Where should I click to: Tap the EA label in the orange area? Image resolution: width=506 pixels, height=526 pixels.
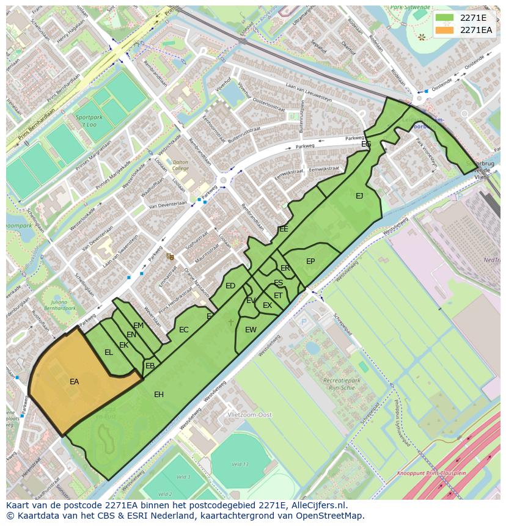[x=74, y=382]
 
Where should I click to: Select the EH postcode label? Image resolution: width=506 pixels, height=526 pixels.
[x=159, y=395]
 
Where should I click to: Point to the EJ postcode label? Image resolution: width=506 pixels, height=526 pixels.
[x=359, y=196]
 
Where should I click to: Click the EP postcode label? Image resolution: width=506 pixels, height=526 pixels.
[x=310, y=261]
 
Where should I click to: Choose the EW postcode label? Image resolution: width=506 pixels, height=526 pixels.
[x=251, y=330]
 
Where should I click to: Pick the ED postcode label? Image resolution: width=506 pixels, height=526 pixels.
[x=230, y=286]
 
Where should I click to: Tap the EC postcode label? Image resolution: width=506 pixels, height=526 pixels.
[x=184, y=330]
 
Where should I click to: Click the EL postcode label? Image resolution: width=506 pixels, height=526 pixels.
[x=109, y=352]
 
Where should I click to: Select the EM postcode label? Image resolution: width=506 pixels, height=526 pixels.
[x=139, y=326]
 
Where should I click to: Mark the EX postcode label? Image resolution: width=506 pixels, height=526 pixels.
[x=267, y=305]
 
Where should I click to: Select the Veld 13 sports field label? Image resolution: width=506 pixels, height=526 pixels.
[x=240, y=464]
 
